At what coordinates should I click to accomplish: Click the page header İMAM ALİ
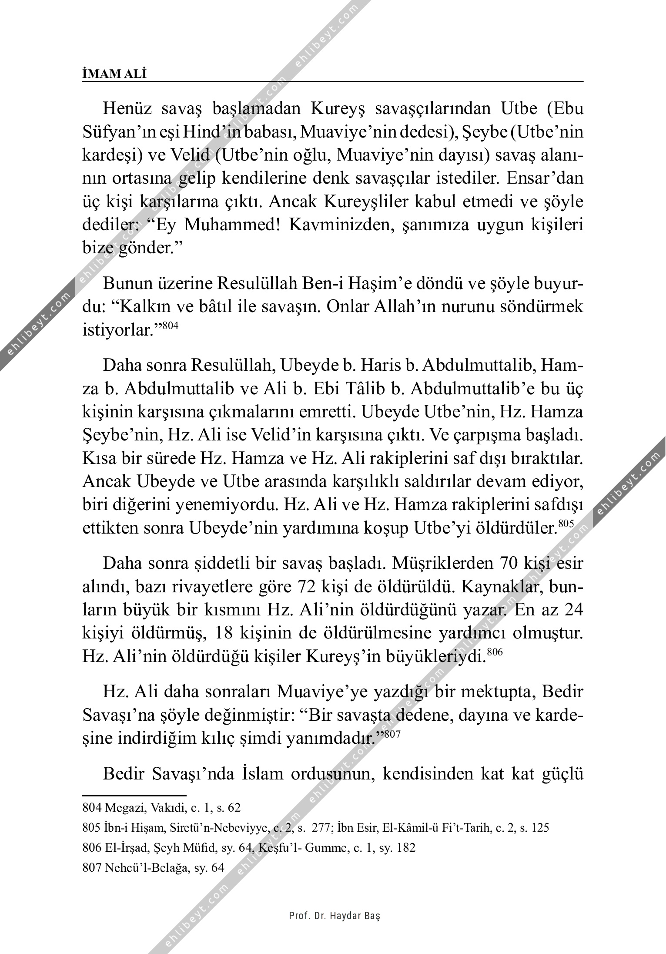point(114,74)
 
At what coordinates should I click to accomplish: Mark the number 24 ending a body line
point(570,611)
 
